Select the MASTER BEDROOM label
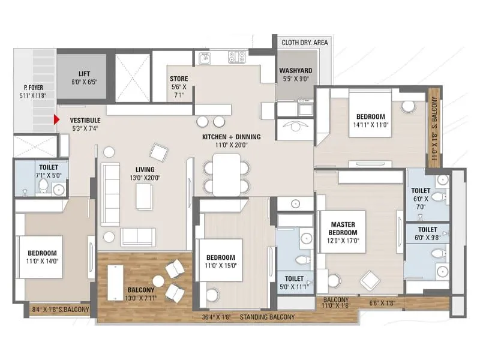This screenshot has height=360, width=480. point(344,228)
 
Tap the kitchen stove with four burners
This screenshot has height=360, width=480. point(237,57)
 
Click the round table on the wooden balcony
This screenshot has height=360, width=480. point(158,281)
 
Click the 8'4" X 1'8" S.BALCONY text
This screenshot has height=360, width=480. point(60,310)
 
